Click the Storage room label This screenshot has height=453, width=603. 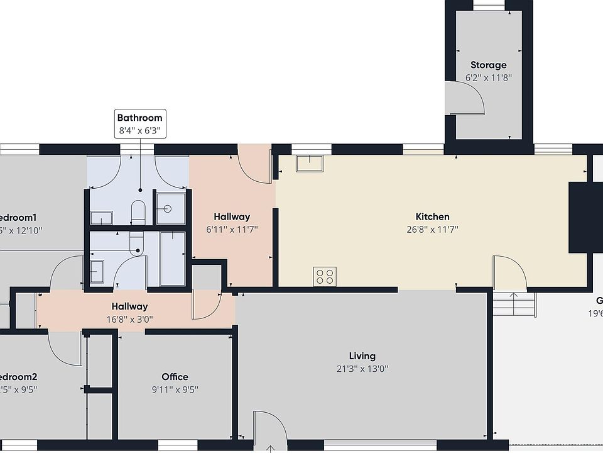(x=488, y=65)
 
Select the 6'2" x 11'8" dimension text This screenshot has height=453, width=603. (x=488, y=78)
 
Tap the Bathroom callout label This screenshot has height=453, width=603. (x=139, y=118)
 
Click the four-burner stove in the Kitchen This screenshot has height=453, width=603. (x=325, y=276)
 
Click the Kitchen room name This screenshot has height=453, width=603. (x=432, y=217)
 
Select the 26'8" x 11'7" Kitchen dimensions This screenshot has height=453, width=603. (x=432, y=230)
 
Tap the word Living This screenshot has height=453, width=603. (x=362, y=356)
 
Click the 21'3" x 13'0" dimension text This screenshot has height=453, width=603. (x=362, y=369)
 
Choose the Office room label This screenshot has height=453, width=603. (x=175, y=377)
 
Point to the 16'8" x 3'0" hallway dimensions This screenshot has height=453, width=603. (x=129, y=319)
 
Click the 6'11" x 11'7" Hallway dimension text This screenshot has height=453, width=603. (x=232, y=230)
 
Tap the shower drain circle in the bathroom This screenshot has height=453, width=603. (x=167, y=209)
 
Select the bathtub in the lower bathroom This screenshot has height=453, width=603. (x=172, y=258)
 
